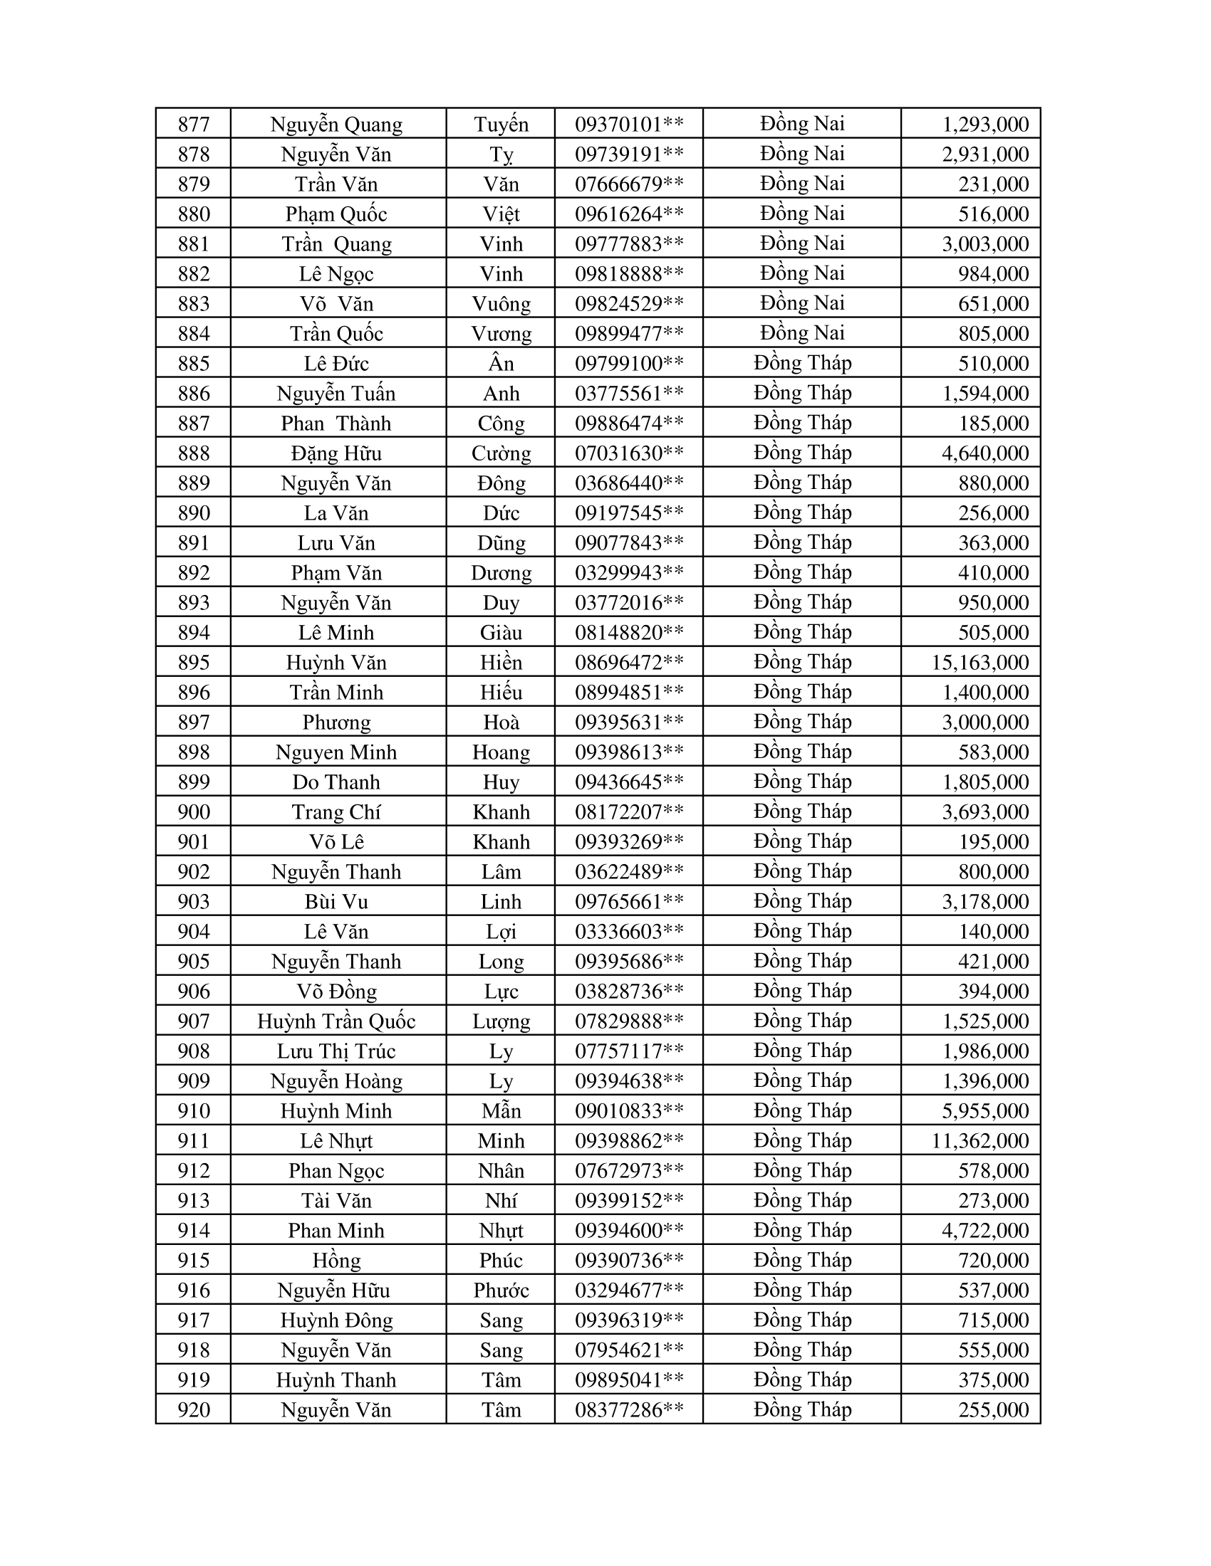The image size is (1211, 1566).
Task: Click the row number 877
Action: [194, 124]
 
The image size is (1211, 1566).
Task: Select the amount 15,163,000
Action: [980, 662]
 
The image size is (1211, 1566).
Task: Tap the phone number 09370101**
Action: [629, 124]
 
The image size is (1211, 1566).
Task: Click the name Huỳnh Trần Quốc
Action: [336, 1020]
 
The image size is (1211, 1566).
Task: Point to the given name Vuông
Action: [501, 303]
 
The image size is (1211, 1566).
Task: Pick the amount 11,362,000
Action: [980, 1140]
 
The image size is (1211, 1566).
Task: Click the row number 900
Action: [194, 811]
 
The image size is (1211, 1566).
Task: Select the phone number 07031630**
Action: [629, 453]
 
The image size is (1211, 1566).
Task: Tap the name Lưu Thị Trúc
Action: [336, 1051]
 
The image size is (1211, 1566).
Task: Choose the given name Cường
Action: [501, 453]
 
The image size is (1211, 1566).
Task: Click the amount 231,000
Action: [994, 184]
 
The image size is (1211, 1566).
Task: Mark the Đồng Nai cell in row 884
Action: [802, 332]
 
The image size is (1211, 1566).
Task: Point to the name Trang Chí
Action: [336, 811]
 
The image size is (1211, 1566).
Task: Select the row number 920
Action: [194, 1409]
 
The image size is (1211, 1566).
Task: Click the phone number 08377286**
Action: [629, 1409]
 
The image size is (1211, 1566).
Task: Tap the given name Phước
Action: [501, 1290]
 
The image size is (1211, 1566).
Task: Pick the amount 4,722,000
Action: [985, 1231]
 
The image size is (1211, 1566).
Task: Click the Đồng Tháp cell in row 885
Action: [802, 363]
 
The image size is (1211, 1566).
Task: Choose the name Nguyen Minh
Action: [336, 752]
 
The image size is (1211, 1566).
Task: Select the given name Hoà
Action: [501, 722]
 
